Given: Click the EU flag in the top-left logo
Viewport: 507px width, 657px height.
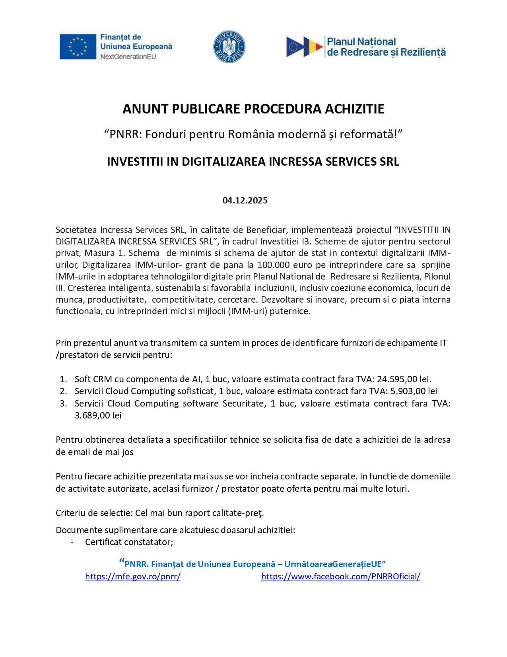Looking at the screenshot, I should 78,47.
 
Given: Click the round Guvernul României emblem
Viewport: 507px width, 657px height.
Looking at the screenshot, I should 229,47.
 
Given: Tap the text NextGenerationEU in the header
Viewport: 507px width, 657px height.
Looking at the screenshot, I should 128,57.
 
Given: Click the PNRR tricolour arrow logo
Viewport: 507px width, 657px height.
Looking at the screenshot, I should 304,47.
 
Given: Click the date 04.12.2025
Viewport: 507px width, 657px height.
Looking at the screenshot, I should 245,200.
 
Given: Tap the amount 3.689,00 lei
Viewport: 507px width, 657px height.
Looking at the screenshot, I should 98,415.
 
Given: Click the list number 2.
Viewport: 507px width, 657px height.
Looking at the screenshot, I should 63,391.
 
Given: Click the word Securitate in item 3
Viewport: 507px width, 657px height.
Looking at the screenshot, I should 243,403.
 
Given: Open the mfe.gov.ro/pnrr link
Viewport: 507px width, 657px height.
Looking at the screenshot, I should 133,576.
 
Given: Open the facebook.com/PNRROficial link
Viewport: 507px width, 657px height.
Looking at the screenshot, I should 340,576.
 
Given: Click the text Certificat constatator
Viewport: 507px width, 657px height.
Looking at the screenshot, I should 129,542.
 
